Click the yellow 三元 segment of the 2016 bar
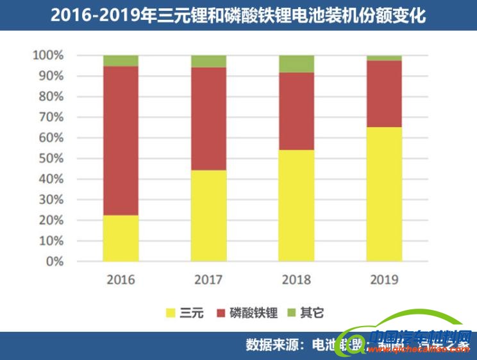pos(121,238)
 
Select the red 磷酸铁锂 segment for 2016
pos(121,141)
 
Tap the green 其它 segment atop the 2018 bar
pos(296,64)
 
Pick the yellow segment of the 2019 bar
pos(384,194)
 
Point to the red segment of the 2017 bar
pos(208,119)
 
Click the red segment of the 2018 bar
pos(296,111)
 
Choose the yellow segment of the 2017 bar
pos(208,216)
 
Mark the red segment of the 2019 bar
pos(384,94)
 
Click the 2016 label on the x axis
pos(121,280)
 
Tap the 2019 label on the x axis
pos(384,280)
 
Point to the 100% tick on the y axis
pos(48,55)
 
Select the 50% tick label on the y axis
pos(51,159)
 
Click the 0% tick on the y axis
pos(54,262)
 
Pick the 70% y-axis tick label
pos(51,117)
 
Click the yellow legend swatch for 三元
pos(171,313)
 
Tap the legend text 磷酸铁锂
pos(255,313)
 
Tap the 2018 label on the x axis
pos(296,280)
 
